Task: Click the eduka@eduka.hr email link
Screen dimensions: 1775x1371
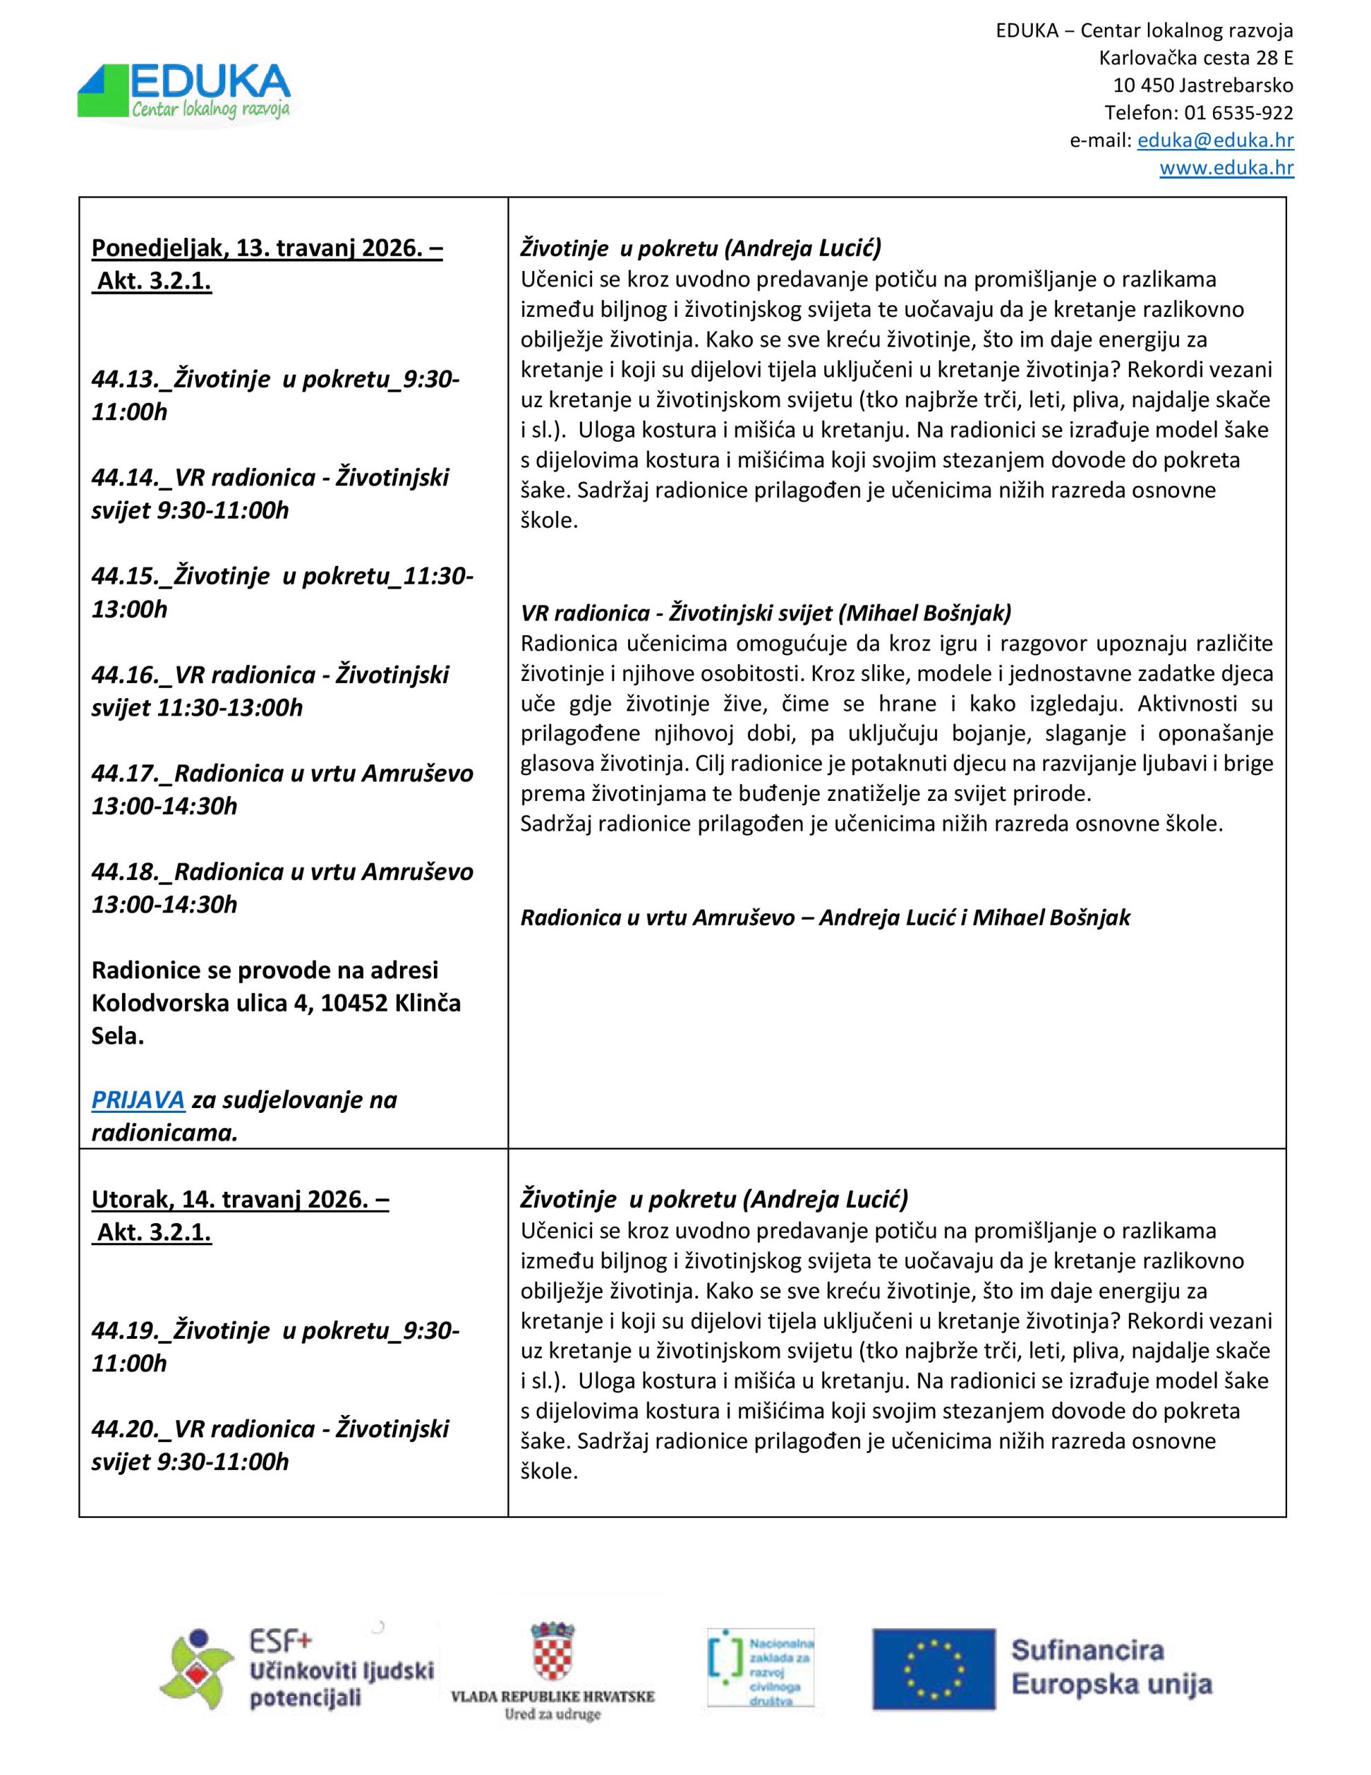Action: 1215,140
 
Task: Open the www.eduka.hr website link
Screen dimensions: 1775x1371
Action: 1226,168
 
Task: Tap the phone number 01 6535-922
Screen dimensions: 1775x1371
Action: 1239,112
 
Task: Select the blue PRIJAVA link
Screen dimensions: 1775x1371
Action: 138,1100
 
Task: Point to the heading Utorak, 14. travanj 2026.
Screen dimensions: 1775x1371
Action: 240,1200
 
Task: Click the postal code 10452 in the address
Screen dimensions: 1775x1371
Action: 354,1003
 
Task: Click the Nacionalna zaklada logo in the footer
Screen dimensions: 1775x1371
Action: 760,1666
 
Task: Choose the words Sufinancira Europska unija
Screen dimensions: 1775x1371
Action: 1111,1667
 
